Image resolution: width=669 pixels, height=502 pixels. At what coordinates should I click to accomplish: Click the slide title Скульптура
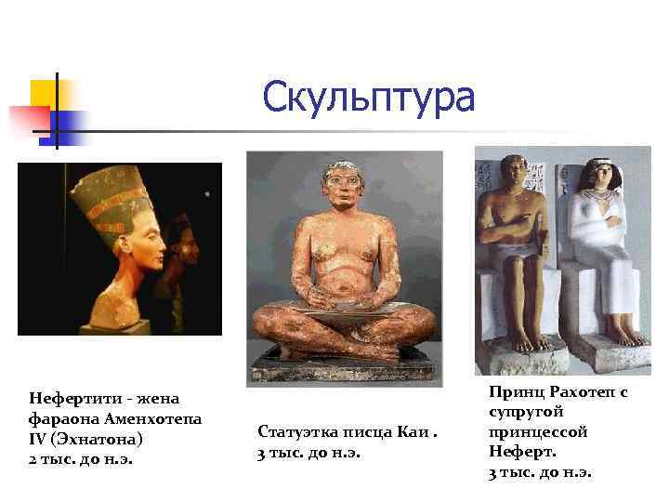[368, 97]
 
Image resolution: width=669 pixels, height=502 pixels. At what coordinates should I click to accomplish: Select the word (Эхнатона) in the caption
[93, 439]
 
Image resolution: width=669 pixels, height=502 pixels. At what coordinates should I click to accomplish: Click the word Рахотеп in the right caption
[584, 393]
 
